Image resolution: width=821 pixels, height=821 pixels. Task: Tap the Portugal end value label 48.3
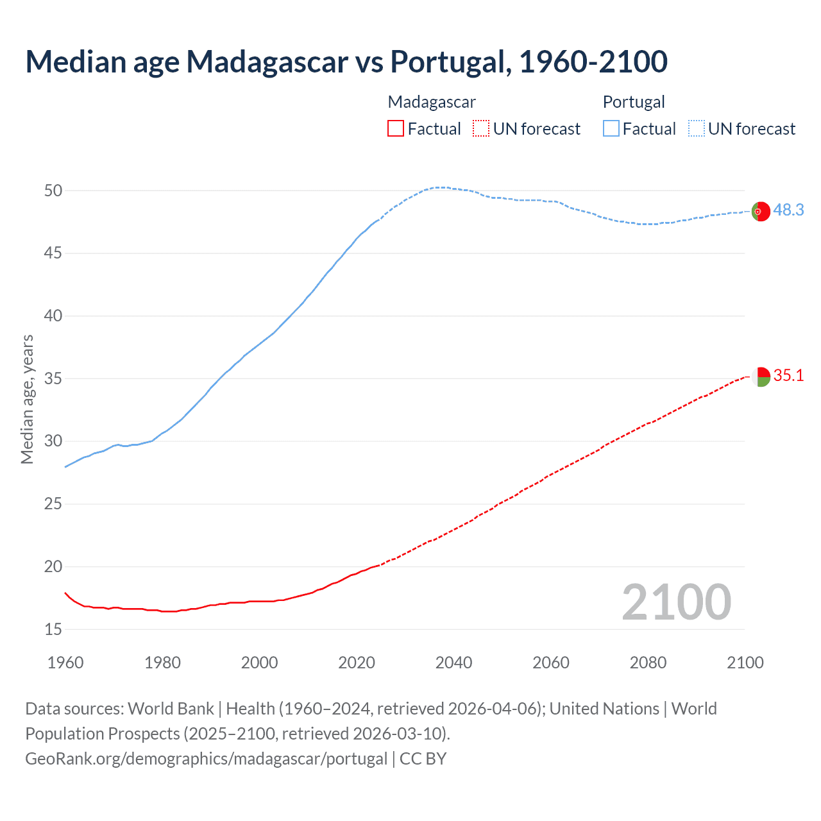[788, 210]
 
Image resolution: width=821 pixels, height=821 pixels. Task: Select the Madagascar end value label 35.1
[788, 375]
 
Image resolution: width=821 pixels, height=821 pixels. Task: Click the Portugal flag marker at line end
[761, 211]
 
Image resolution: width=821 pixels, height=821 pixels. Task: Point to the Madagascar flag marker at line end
[761, 377]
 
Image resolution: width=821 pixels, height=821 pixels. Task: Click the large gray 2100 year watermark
[676, 602]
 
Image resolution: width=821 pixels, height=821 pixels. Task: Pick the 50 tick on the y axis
[53, 190]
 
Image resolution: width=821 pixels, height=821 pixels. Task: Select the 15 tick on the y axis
[53, 629]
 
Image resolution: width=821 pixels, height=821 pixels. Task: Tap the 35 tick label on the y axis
[53, 378]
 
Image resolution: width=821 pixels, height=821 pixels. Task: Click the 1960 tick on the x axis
[65, 663]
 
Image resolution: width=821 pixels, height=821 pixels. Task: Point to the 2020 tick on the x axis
[357, 663]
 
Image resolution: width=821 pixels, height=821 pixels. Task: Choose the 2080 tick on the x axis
[648, 663]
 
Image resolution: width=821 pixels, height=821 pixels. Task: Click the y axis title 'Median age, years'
[27, 399]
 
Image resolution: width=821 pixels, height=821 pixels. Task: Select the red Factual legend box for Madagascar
[396, 129]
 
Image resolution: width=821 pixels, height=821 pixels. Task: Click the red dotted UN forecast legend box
[481, 129]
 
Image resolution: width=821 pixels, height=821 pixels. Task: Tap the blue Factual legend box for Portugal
[611, 129]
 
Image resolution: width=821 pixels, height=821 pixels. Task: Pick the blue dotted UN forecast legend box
[696, 129]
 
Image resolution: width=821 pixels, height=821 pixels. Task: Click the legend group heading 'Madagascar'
[432, 102]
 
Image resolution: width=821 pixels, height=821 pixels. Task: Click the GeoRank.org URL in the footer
[206, 758]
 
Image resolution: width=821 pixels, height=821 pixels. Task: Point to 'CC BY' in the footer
[423, 758]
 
